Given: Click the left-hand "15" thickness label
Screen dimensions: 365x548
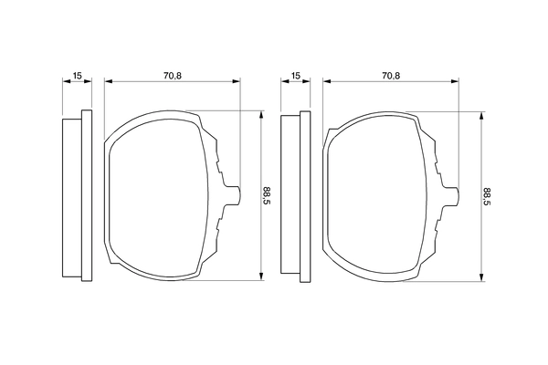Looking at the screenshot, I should pos(78,74).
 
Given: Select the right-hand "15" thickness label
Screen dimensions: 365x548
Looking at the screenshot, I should pos(295,74).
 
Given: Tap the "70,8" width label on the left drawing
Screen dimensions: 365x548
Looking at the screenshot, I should pos(174,74).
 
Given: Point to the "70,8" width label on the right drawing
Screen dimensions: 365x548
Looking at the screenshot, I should pos(391,74).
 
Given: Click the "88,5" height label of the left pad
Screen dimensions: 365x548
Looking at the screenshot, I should pos(267,195).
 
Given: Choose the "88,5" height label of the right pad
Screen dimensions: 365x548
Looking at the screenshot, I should pos(486,195).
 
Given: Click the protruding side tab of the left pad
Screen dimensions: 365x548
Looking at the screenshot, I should pos(234,193).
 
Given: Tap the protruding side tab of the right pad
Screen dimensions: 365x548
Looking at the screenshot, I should pos(453,193).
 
